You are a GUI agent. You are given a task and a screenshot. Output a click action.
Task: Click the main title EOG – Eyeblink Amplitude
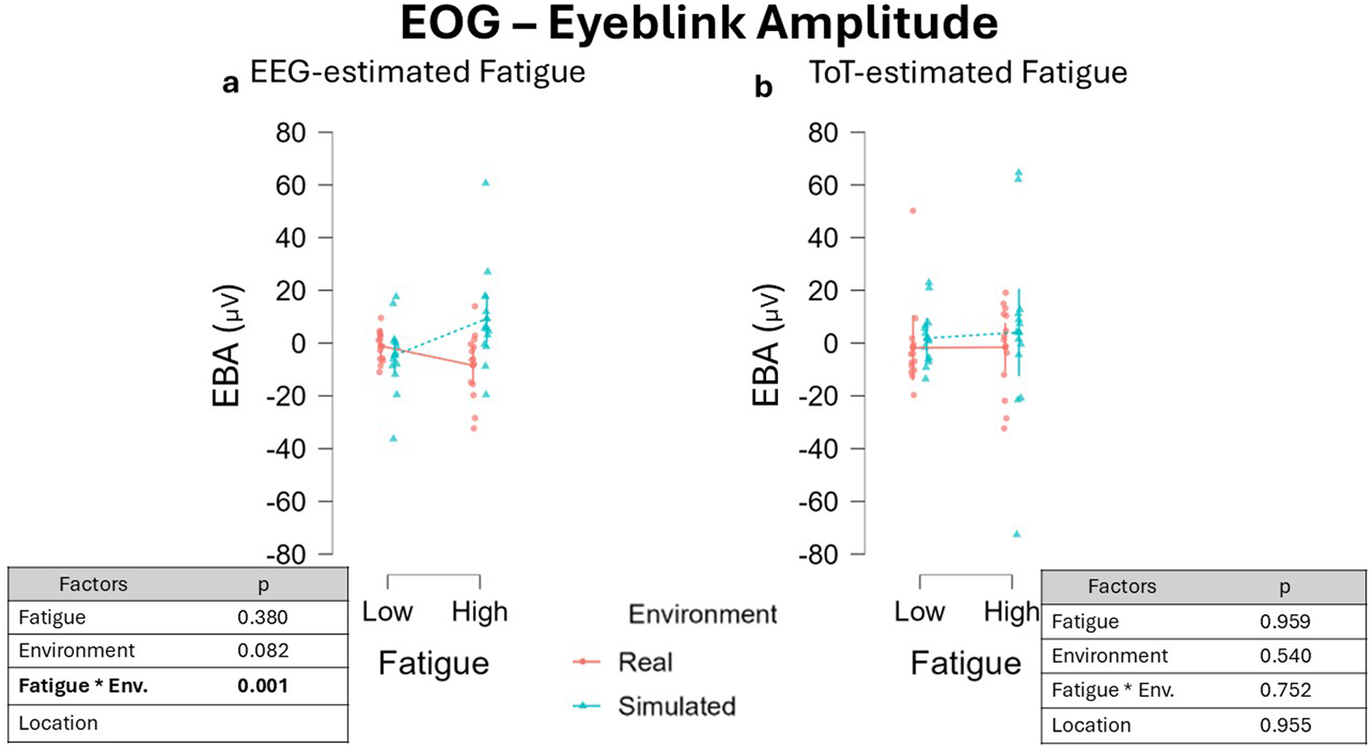[698, 25]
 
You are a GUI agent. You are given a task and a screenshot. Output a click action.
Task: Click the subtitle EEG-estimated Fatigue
[417, 72]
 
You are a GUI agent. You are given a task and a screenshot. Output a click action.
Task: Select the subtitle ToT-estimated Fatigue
[967, 72]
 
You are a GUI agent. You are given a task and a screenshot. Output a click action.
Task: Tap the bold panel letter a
[231, 84]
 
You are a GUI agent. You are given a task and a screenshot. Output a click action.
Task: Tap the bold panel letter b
[762, 87]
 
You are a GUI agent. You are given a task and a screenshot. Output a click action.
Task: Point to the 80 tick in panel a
[290, 134]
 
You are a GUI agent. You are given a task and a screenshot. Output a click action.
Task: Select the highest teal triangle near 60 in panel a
[486, 183]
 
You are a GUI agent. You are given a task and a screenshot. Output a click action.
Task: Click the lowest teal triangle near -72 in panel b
[1017, 534]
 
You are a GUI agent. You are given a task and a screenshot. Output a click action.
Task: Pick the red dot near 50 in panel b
[913, 211]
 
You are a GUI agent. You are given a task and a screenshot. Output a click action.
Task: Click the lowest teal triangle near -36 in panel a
[394, 439]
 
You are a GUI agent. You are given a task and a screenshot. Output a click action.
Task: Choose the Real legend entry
[644, 662]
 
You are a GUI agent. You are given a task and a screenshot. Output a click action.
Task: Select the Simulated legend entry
[675, 706]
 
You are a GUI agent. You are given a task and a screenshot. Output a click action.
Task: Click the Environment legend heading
[702, 614]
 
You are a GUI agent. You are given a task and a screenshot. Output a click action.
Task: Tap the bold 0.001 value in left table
[263, 686]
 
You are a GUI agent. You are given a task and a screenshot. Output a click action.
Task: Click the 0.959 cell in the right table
[1284, 622]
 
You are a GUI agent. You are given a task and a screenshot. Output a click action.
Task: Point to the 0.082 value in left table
[263, 651]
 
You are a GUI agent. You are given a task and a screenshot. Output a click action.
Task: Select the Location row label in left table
[58, 723]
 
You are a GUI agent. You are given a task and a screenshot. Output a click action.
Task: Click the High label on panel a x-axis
[480, 612]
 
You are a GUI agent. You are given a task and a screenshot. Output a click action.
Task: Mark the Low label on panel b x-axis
[919, 612]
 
